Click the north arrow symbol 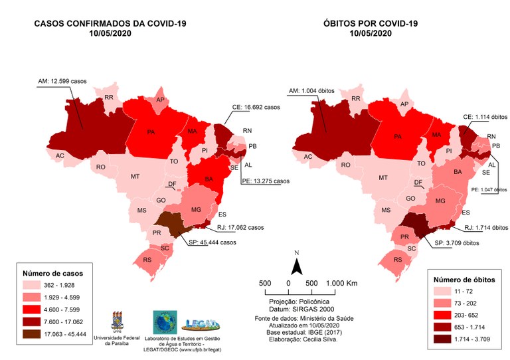pyautogui.click(x=298, y=266)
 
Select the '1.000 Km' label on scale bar pyautogui.click(x=342, y=284)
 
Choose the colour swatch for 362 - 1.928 pyautogui.click(x=37, y=286)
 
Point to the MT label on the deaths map pyautogui.click(x=383, y=178)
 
